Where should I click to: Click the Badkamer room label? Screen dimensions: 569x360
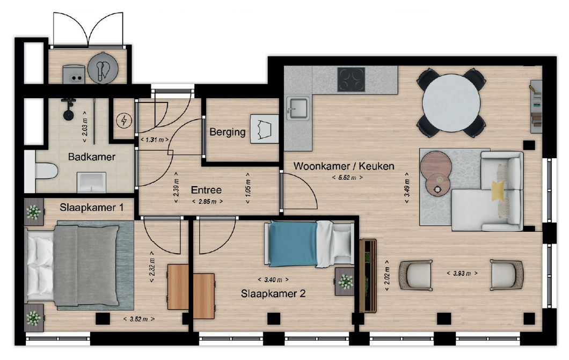coord(91,157)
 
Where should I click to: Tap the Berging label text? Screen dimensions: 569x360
coord(228,132)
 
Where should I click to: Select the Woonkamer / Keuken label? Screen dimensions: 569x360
coord(344,166)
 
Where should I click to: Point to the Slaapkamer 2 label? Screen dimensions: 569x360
coord(273,293)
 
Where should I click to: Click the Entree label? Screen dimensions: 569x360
coord(206,190)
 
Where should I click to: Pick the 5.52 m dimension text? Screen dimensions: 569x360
coord(347,178)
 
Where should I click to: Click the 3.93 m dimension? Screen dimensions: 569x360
coord(462,273)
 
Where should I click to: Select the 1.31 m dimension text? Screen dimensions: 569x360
coord(155,139)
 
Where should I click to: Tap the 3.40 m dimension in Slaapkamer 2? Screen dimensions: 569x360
coord(273,280)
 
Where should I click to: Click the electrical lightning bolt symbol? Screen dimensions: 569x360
coord(124,120)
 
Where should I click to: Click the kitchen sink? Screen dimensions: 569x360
coord(297,108)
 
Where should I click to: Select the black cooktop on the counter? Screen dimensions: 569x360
coord(351,80)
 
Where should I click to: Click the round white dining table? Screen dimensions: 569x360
coord(451,103)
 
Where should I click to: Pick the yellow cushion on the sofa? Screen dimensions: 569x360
coord(498,190)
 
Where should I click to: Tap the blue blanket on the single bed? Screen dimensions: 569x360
coord(294,244)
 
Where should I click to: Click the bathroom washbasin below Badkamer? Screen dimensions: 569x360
coord(91,182)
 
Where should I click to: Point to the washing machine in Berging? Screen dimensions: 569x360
coord(265,129)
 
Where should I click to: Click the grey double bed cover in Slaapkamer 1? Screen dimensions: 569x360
coord(86,265)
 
